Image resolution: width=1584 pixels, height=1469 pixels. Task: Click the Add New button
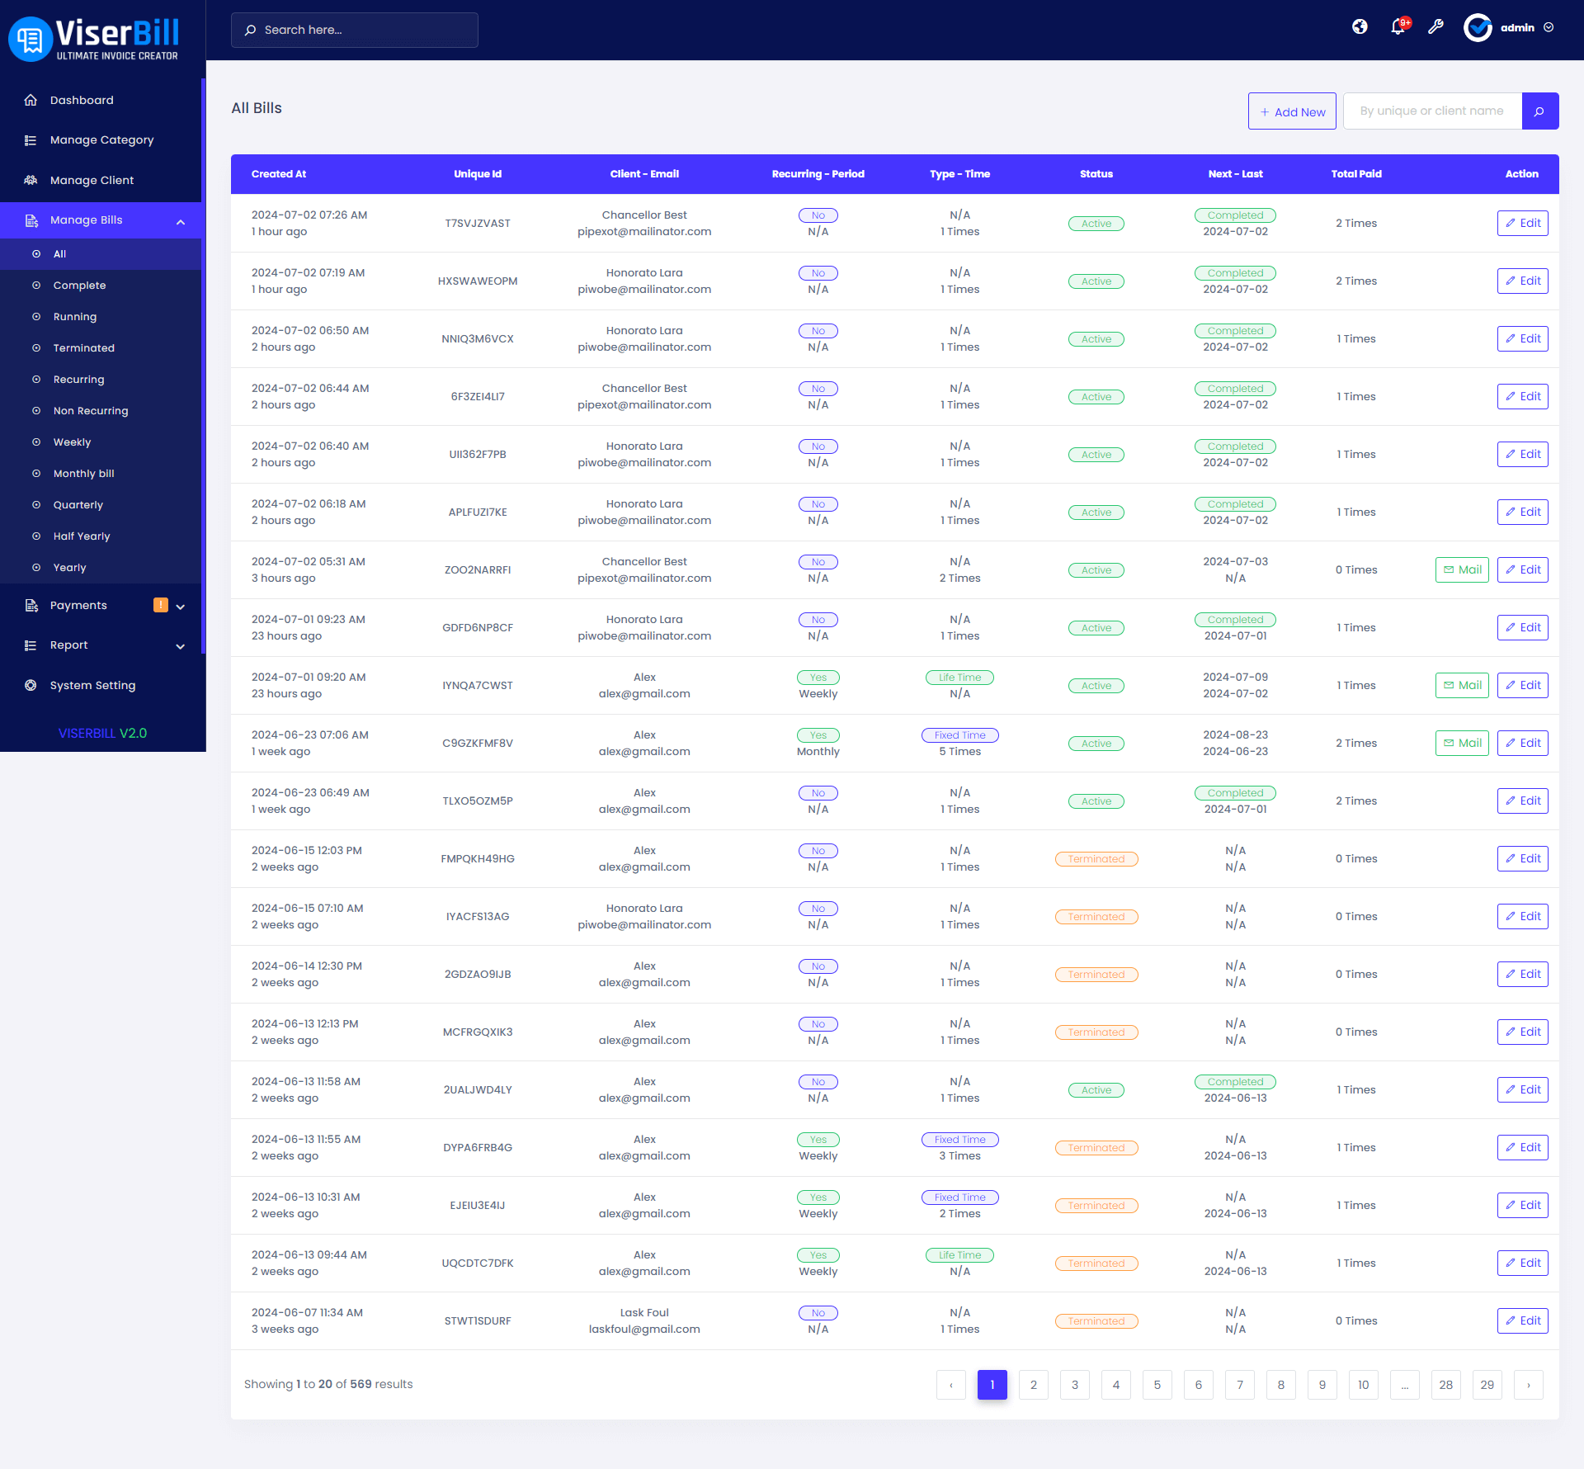point(1292,111)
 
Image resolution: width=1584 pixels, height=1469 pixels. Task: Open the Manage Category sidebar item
point(101,140)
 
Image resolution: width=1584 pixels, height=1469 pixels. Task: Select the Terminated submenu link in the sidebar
point(83,348)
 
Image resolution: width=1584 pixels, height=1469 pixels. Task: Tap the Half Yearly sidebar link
point(81,536)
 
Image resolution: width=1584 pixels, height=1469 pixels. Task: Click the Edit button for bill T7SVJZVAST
point(1522,224)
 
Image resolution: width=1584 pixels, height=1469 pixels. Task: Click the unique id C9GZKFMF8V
point(478,744)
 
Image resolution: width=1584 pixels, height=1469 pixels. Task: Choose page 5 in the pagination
point(1157,1385)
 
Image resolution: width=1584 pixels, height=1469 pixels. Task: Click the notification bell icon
point(1398,27)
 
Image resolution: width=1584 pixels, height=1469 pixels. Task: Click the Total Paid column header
point(1355,174)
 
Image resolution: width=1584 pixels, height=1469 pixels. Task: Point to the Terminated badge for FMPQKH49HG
point(1096,859)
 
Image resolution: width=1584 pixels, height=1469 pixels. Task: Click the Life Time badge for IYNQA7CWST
point(959,678)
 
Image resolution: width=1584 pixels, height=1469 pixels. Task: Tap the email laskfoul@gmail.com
point(643,1330)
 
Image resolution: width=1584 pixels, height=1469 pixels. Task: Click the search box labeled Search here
point(355,30)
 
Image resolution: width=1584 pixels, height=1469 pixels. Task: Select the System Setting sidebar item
point(92,686)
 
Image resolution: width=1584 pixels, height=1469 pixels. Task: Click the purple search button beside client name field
point(1539,111)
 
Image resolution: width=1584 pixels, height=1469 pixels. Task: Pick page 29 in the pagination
point(1487,1385)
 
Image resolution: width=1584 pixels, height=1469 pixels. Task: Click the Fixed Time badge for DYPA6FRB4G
point(959,1140)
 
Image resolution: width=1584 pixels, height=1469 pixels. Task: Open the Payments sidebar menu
point(78,606)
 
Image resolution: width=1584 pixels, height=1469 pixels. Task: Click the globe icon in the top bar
point(1360,27)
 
